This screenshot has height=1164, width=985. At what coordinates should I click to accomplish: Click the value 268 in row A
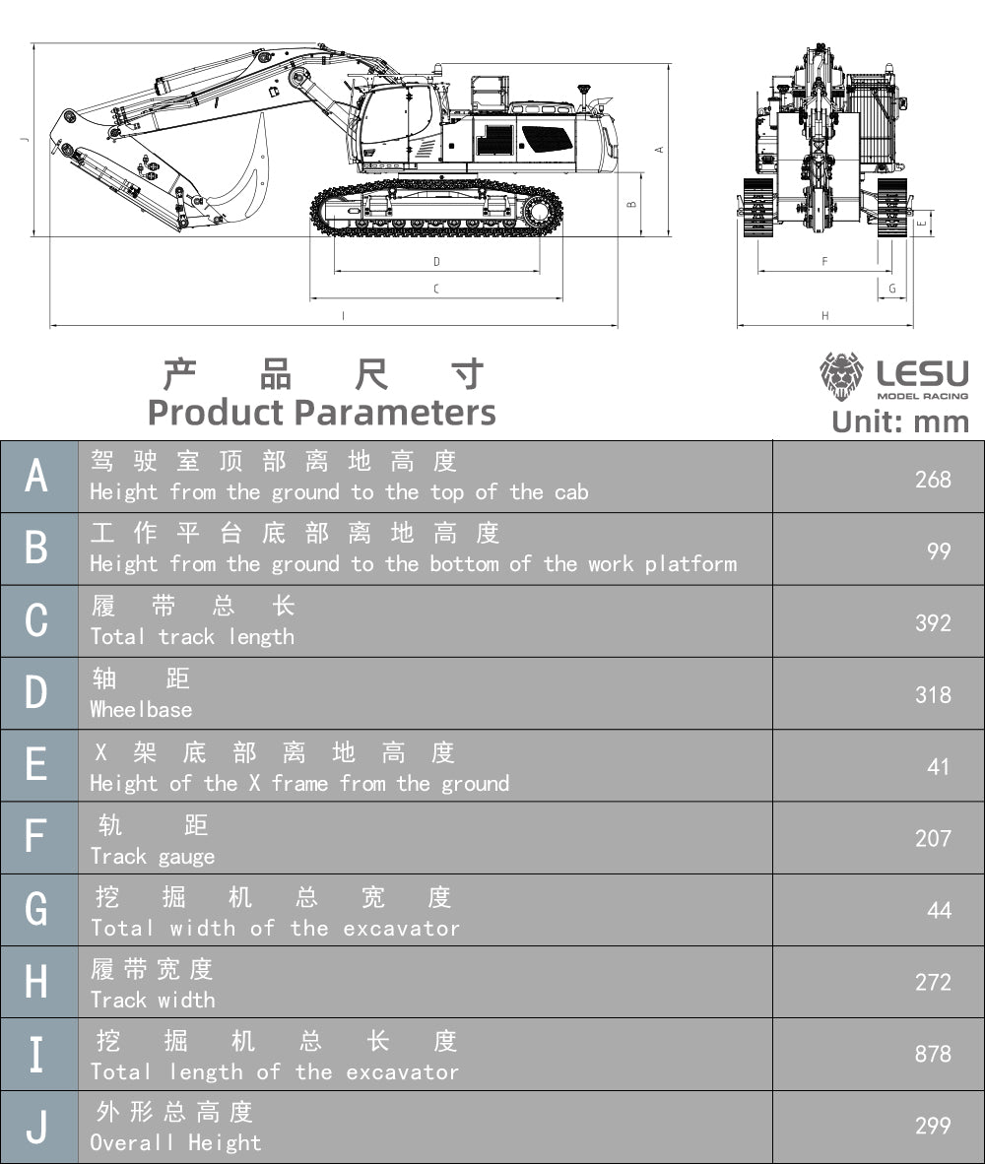click(x=932, y=479)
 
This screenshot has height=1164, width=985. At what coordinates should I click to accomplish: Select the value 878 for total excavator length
click(x=932, y=1054)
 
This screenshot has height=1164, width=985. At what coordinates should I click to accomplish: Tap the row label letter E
click(x=36, y=765)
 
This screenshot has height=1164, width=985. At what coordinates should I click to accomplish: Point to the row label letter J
click(x=36, y=1126)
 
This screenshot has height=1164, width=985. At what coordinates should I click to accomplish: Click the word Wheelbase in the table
click(x=141, y=709)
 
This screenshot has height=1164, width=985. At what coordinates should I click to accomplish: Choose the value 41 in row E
click(x=938, y=766)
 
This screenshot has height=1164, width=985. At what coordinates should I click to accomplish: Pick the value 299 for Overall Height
click(x=932, y=1126)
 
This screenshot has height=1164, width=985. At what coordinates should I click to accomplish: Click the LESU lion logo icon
click(x=840, y=376)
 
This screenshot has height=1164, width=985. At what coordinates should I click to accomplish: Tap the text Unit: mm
click(x=900, y=421)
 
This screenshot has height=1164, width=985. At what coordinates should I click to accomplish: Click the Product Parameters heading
click(x=321, y=412)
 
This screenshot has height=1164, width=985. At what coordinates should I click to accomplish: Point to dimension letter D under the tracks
click(x=436, y=262)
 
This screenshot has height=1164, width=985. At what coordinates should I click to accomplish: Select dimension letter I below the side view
click(x=343, y=316)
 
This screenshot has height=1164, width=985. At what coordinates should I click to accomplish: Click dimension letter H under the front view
click(x=825, y=316)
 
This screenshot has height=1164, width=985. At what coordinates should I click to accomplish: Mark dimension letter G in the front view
click(x=892, y=289)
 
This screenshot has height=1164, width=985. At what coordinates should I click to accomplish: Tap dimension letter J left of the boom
click(x=25, y=139)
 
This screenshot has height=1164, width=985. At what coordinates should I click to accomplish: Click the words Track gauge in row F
click(x=152, y=856)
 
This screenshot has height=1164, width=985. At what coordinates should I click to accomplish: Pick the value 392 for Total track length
click(x=932, y=622)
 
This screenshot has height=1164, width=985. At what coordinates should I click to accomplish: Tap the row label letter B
click(x=36, y=549)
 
